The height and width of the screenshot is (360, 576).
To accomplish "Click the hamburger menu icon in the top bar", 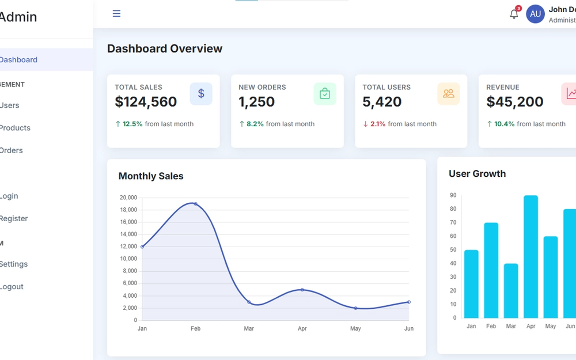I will click(x=116, y=14).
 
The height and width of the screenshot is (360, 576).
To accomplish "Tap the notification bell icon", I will click(x=514, y=14).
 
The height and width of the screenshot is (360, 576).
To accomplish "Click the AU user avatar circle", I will click(x=535, y=14).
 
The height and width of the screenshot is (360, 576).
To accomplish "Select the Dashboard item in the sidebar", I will click(x=18, y=60).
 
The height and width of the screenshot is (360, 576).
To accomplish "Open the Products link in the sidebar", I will click(x=15, y=128).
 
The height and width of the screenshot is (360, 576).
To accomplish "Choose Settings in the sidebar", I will click(x=14, y=264).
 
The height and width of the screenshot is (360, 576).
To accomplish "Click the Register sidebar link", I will click(x=14, y=218).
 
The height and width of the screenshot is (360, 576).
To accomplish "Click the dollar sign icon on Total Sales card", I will click(x=201, y=94).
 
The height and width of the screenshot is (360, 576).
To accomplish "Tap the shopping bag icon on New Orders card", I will click(x=325, y=94).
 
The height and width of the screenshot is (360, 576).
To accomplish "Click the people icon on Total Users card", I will click(x=449, y=94).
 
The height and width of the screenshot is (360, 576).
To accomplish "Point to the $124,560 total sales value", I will click(x=146, y=102).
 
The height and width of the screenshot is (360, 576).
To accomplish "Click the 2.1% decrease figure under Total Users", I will click(x=378, y=124).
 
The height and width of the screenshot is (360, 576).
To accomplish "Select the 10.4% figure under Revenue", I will click(x=504, y=124).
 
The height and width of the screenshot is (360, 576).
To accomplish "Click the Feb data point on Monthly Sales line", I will click(x=195, y=204).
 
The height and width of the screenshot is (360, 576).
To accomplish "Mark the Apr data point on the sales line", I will click(x=302, y=290).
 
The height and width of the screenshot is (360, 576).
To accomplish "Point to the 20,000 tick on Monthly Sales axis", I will click(x=128, y=198).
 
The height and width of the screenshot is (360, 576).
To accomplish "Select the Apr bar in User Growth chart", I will click(x=530, y=256).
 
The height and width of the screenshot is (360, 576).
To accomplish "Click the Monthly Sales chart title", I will click(x=151, y=176).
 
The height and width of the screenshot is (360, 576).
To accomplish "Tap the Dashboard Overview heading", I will click(x=165, y=49).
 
